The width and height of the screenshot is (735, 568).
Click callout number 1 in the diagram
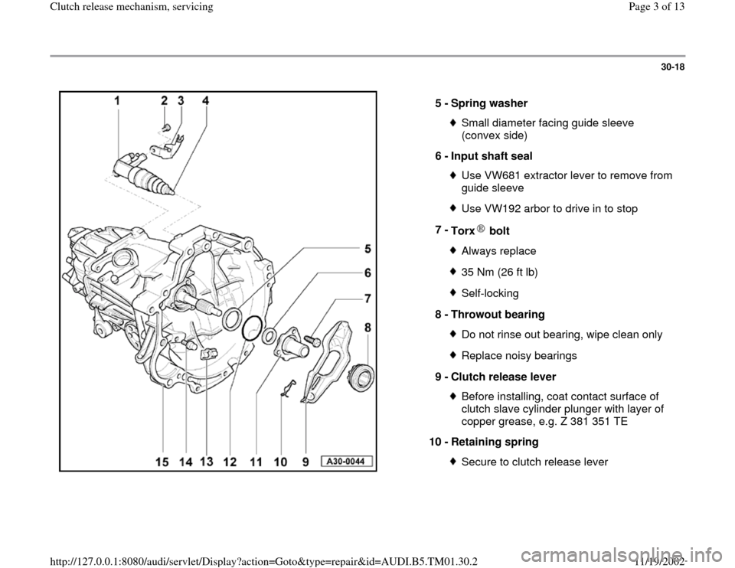(117, 101)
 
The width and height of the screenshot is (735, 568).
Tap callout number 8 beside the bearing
(367, 328)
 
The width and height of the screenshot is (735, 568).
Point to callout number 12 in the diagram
(230, 462)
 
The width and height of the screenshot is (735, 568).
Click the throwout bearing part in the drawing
(361, 376)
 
